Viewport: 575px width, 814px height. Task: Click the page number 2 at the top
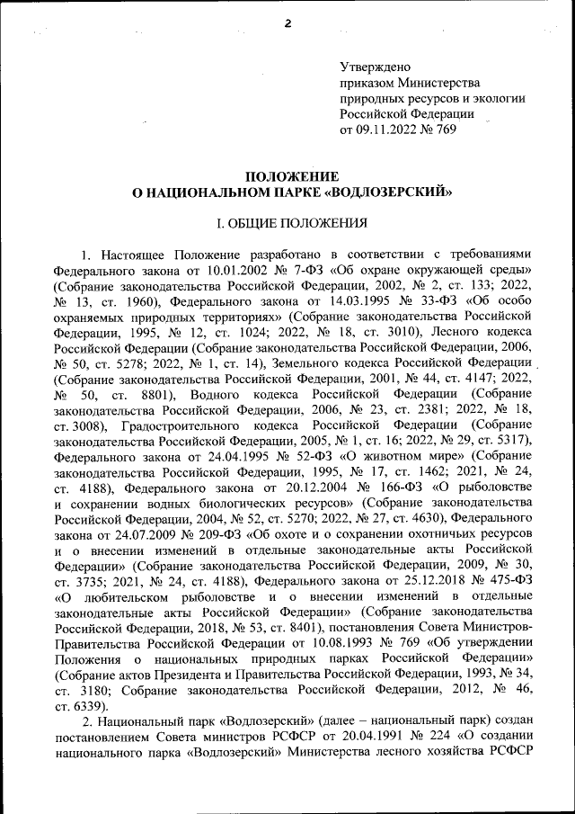[288, 24]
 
